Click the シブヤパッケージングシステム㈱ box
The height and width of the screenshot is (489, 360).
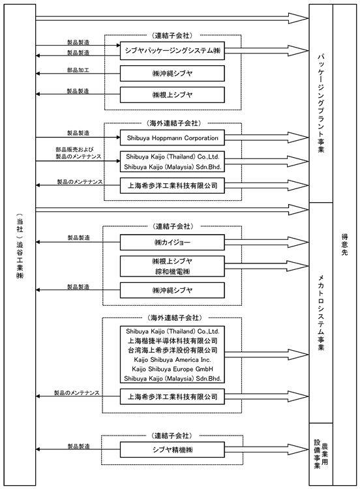click(172, 50)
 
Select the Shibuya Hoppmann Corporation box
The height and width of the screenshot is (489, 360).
click(172, 138)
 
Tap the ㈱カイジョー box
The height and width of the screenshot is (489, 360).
click(172, 243)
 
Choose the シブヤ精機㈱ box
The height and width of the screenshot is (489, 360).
click(172, 449)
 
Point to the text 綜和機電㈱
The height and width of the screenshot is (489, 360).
click(173, 271)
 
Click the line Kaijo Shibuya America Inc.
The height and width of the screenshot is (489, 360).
click(173, 359)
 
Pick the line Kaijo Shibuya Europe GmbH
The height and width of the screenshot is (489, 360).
click(173, 369)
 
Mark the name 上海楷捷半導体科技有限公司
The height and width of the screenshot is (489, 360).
click(173, 340)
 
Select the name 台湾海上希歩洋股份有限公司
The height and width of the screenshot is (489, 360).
click(173, 350)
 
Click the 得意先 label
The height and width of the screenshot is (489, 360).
click(344, 244)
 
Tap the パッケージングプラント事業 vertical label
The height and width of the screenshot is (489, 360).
click(321, 103)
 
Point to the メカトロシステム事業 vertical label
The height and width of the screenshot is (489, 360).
click(321, 312)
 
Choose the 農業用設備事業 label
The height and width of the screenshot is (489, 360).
click(321, 454)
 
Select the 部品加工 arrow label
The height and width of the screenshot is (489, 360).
click(78, 70)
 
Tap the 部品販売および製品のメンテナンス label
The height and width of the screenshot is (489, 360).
click(79, 153)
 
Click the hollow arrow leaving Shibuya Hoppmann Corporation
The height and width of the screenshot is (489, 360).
click(267, 138)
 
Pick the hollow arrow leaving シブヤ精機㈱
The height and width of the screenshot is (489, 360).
click(267, 449)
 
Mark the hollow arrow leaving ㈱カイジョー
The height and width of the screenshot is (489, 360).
click(267, 243)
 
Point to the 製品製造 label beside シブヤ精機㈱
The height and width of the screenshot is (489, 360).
click(79, 446)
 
